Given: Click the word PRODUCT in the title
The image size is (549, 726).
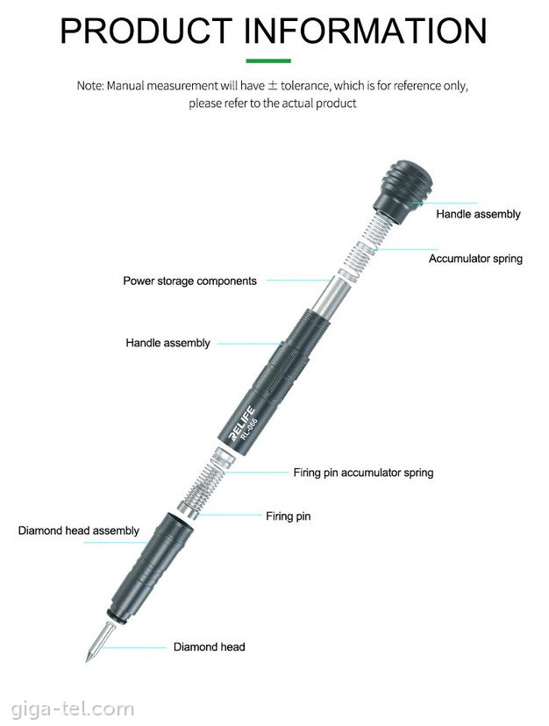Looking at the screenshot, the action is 146,31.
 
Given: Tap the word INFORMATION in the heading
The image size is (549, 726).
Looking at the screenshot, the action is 365,31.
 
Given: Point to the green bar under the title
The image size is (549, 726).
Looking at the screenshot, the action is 268,60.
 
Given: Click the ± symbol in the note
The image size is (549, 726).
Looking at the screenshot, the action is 273,85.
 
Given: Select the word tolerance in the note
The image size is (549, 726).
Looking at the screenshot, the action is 305,86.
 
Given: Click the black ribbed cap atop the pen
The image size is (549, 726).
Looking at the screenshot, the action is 404,191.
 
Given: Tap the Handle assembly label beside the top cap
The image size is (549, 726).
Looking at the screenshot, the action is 478,214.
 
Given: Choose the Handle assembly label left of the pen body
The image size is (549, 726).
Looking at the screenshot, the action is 168,343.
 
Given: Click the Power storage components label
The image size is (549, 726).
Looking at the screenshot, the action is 189,281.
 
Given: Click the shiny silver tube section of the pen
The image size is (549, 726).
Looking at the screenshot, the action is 328,295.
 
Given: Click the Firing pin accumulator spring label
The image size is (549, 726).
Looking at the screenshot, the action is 363,473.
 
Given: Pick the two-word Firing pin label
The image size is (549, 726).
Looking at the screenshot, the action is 289,516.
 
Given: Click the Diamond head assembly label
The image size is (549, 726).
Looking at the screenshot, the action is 78,530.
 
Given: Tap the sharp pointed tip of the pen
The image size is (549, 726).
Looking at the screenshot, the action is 87,658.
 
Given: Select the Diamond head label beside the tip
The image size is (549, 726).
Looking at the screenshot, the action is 209,647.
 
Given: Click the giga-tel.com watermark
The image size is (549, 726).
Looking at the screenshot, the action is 72,708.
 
